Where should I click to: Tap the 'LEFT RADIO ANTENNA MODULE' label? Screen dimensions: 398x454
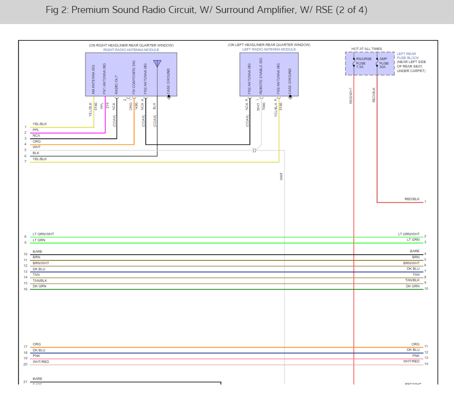point(269,50)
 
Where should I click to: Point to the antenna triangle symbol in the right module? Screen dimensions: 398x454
point(157,64)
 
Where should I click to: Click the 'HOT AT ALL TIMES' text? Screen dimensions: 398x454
point(366,49)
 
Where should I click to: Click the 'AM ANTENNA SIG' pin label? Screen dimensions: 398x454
point(93,79)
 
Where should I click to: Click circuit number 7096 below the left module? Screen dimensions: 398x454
point(263,107)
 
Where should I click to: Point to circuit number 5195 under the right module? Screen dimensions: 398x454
point(96,107)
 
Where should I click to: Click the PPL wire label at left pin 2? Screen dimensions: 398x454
point(35,130)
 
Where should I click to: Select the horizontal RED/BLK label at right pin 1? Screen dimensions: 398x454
point(412,199)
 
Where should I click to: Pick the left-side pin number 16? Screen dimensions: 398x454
point(25,289)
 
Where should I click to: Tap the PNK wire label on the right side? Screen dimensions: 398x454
point(415,355)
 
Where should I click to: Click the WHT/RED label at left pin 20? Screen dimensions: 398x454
point(40,361)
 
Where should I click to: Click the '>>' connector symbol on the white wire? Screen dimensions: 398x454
point(254,150)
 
